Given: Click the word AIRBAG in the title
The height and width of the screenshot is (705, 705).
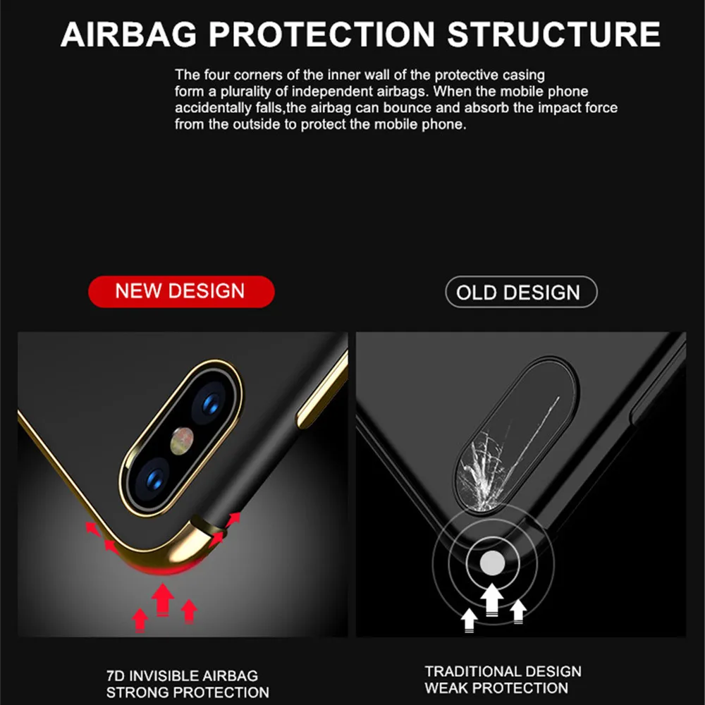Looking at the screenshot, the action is pyautogui.click(x=128, y=34).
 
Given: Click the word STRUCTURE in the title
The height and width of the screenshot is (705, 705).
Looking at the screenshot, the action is pyautogui.click(x=553, y=34).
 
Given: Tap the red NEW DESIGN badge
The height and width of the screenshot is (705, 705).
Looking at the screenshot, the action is pyautogui.click(x=181, y=291).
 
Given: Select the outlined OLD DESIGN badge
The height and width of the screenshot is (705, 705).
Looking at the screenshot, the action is pyautogui.click(x=521, y=293).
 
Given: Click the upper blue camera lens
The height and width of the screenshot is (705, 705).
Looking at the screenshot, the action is pyautogui.click(x=210, y=403).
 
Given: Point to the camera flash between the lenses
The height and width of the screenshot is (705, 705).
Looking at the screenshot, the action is pyautogui.click(x=182, y=441).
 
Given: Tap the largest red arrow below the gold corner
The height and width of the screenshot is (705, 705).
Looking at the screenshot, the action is pyautogui.click(x=163, y=599).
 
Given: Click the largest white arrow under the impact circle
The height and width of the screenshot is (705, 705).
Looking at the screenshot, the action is pyautogui.click(x=492, y=600).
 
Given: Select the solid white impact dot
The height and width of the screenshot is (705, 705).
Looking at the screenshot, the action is pyautogui.click(x=492, y=563).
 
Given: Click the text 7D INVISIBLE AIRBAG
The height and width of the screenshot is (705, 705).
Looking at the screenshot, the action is pyautogui.click(x=182, y=676).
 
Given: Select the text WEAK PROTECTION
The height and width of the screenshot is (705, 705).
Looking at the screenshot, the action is pyautogui.click(x=496, y=688).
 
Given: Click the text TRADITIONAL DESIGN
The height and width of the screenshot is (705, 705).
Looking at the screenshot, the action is pyautogui.click(x=503, y=671).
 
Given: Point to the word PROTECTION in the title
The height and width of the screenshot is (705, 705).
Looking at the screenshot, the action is pyautogui.click(x=322, y=34).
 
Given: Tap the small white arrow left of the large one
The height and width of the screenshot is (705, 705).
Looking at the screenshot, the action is pyautogui.click(x=469, y=620).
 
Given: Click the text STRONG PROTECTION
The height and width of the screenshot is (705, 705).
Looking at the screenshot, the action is pyautogui.click(x=188, y=692).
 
